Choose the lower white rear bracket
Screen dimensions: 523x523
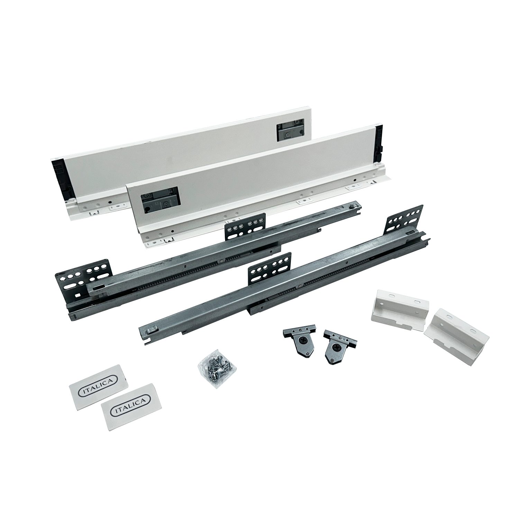[x=456, y=328]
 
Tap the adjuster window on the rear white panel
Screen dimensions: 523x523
[x=290, y=130]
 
